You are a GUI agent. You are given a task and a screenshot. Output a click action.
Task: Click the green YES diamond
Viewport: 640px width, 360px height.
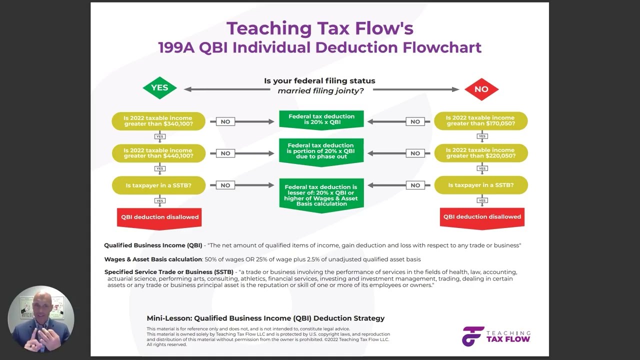[x=159, y=88]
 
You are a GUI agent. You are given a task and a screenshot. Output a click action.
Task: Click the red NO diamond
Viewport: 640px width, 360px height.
[x=481, y=89]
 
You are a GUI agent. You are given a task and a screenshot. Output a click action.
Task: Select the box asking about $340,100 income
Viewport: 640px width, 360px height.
[x=158, y=121]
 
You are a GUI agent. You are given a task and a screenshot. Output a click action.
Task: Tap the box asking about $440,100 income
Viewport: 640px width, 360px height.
[x=158, y=153]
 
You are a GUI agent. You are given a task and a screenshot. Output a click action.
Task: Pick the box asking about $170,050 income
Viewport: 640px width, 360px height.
[x=480, y=121]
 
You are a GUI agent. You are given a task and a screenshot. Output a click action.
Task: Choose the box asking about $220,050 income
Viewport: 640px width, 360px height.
[x=480, y=153]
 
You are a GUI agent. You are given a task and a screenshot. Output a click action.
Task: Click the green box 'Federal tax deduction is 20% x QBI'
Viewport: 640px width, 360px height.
[x=321, y=119]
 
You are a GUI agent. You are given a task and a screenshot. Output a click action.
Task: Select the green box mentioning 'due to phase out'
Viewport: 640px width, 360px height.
[x=321, y=151]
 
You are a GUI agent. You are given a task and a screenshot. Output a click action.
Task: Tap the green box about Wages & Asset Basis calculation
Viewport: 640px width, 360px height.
[x=321, y=195]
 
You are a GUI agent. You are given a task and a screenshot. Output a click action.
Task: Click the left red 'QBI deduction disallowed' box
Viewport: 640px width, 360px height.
[x=159, y=217]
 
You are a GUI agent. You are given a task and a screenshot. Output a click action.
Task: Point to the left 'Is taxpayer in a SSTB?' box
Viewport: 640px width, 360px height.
[x=158, y=185]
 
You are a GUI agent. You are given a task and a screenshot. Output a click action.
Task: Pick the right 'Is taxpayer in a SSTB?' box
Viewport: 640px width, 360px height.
[x=480, y=185]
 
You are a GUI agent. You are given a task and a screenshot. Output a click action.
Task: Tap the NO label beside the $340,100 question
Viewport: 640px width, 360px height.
[x=225, y=121]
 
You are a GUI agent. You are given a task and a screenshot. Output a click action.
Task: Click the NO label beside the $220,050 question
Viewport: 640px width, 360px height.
[x=415, y=153]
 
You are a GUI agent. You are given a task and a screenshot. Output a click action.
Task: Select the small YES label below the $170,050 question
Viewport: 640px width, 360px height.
[x=482, y=136]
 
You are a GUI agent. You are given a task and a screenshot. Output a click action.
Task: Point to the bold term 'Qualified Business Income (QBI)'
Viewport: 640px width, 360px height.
[x=153, y=245]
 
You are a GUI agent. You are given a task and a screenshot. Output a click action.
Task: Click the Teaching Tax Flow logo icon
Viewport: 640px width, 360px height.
[x=472, y=336]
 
